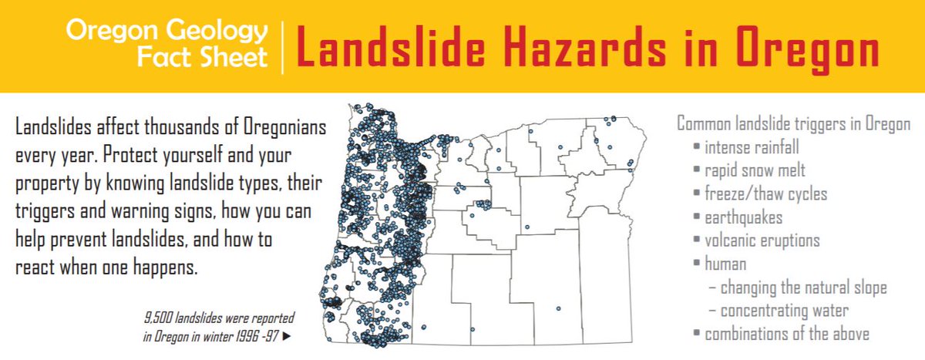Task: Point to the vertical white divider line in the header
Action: point(282,46)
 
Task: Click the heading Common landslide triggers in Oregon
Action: point(793,123)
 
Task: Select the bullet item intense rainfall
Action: point(752,146)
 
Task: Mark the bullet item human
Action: point(725,264)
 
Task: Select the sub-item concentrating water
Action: point(784,311)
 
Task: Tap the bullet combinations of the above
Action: point(787,335)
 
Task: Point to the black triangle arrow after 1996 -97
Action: point(288,337)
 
